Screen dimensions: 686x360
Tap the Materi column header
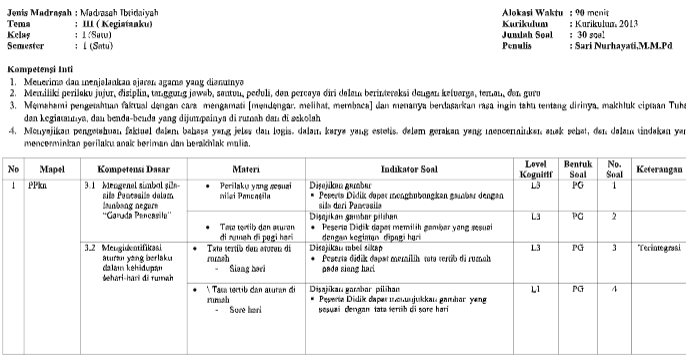[246, 171]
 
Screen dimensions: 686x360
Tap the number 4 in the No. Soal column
[616, 289]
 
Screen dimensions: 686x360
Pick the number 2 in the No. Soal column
[616, 215]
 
